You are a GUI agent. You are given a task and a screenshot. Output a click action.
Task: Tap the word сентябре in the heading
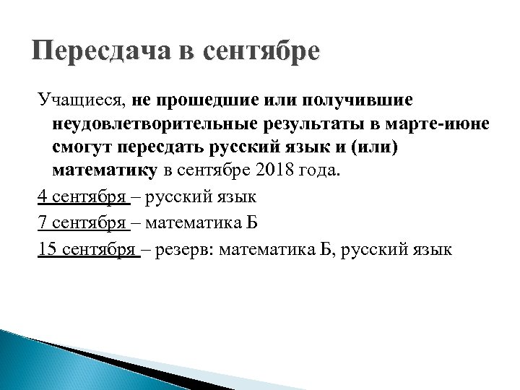coord(262,53)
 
